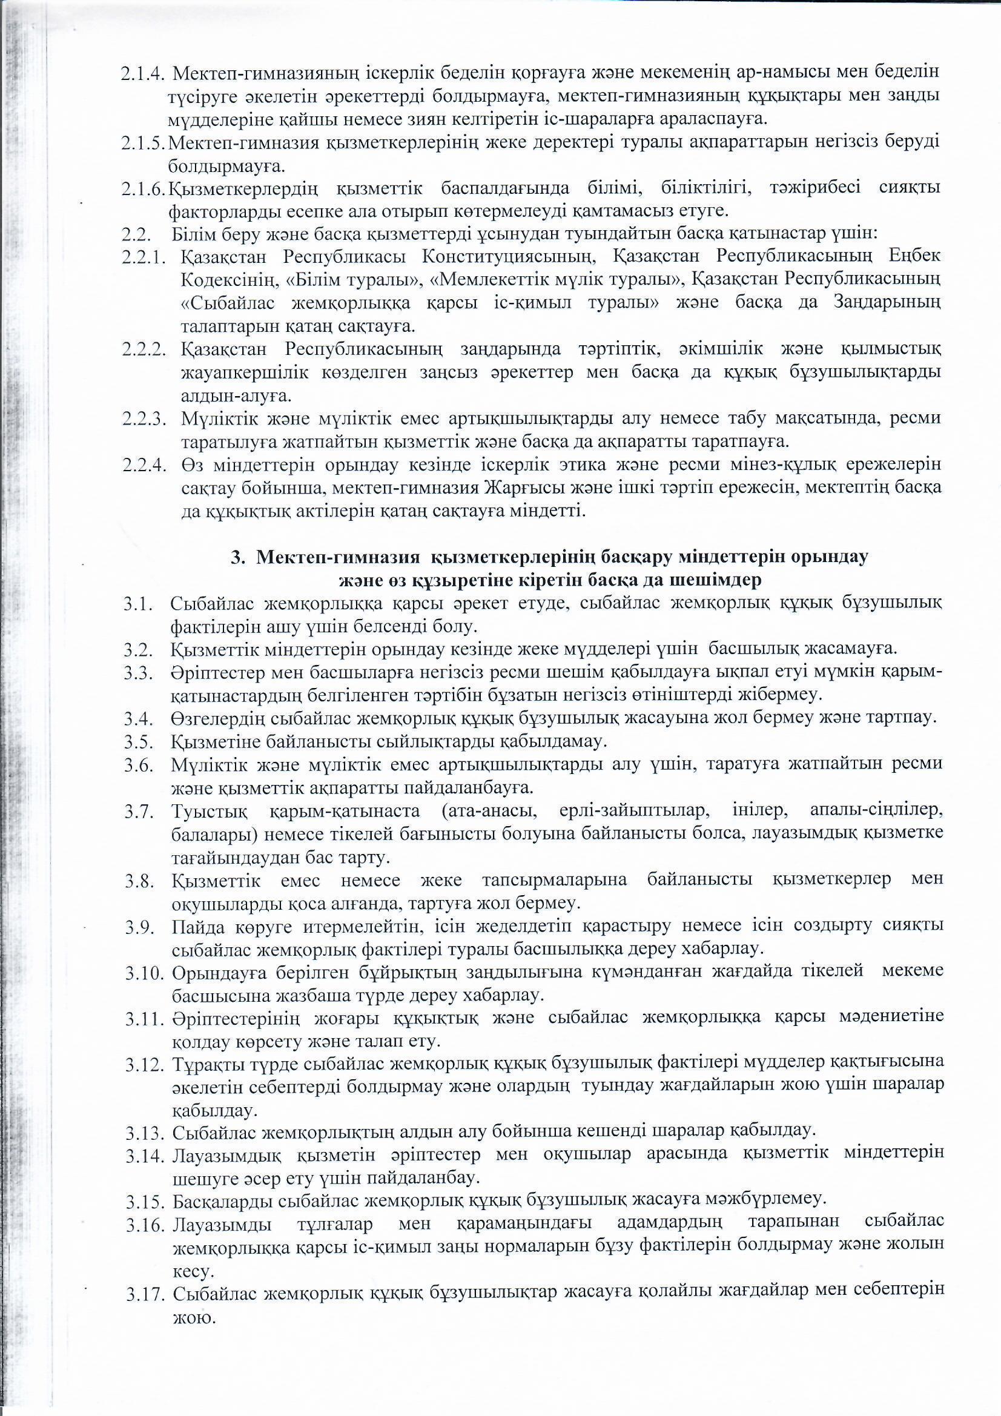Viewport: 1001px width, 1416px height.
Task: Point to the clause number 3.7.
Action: pyautogui.click(x=138, y=812)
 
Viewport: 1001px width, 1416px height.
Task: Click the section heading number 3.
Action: pyautogui.click(x=236, y=557)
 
